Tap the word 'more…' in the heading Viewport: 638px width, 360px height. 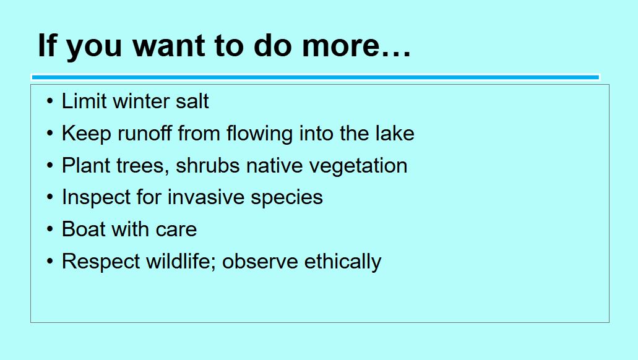point(356,46)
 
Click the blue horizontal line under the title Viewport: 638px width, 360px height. point(316,77)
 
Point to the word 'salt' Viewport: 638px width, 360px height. point(192,101)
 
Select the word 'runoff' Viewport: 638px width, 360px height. point(144,133)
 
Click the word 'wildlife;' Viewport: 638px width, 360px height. point(181,261)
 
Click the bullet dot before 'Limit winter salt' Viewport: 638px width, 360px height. point(50,101)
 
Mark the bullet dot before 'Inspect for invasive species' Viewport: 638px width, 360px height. point(50,197)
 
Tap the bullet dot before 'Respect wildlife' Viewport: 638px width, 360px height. point(50,261)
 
